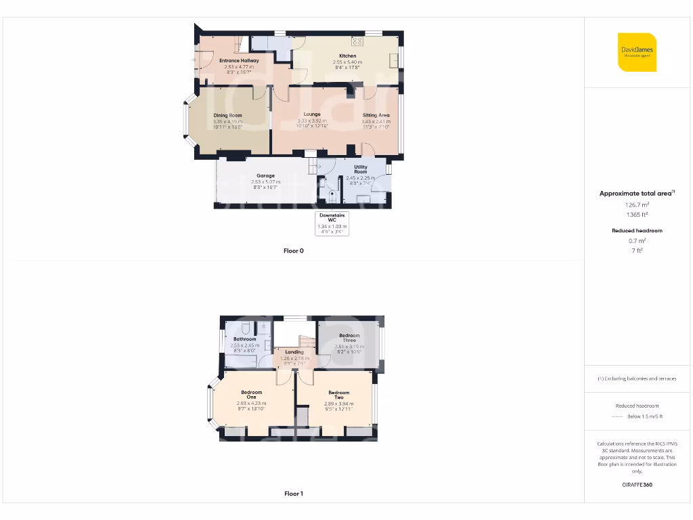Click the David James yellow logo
click(637, 52)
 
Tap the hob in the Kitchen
click(357, 41)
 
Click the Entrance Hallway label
click(239, 61)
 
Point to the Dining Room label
click(227, 116)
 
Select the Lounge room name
click(312, 114)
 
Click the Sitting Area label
click(376, 116)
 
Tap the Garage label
click(265, 176)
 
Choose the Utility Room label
click(361, 169)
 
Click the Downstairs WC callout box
click(332, 223)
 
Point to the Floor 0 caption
click(294, 251)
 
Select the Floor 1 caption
click(294, 494)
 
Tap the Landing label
click(294, 352)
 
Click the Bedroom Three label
click(349, 338)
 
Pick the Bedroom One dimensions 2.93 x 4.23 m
click(251, 404)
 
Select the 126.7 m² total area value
click(635, 204)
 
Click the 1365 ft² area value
click(635, 215)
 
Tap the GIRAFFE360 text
click(636, 485)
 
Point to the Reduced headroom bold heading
click(636, 231)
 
